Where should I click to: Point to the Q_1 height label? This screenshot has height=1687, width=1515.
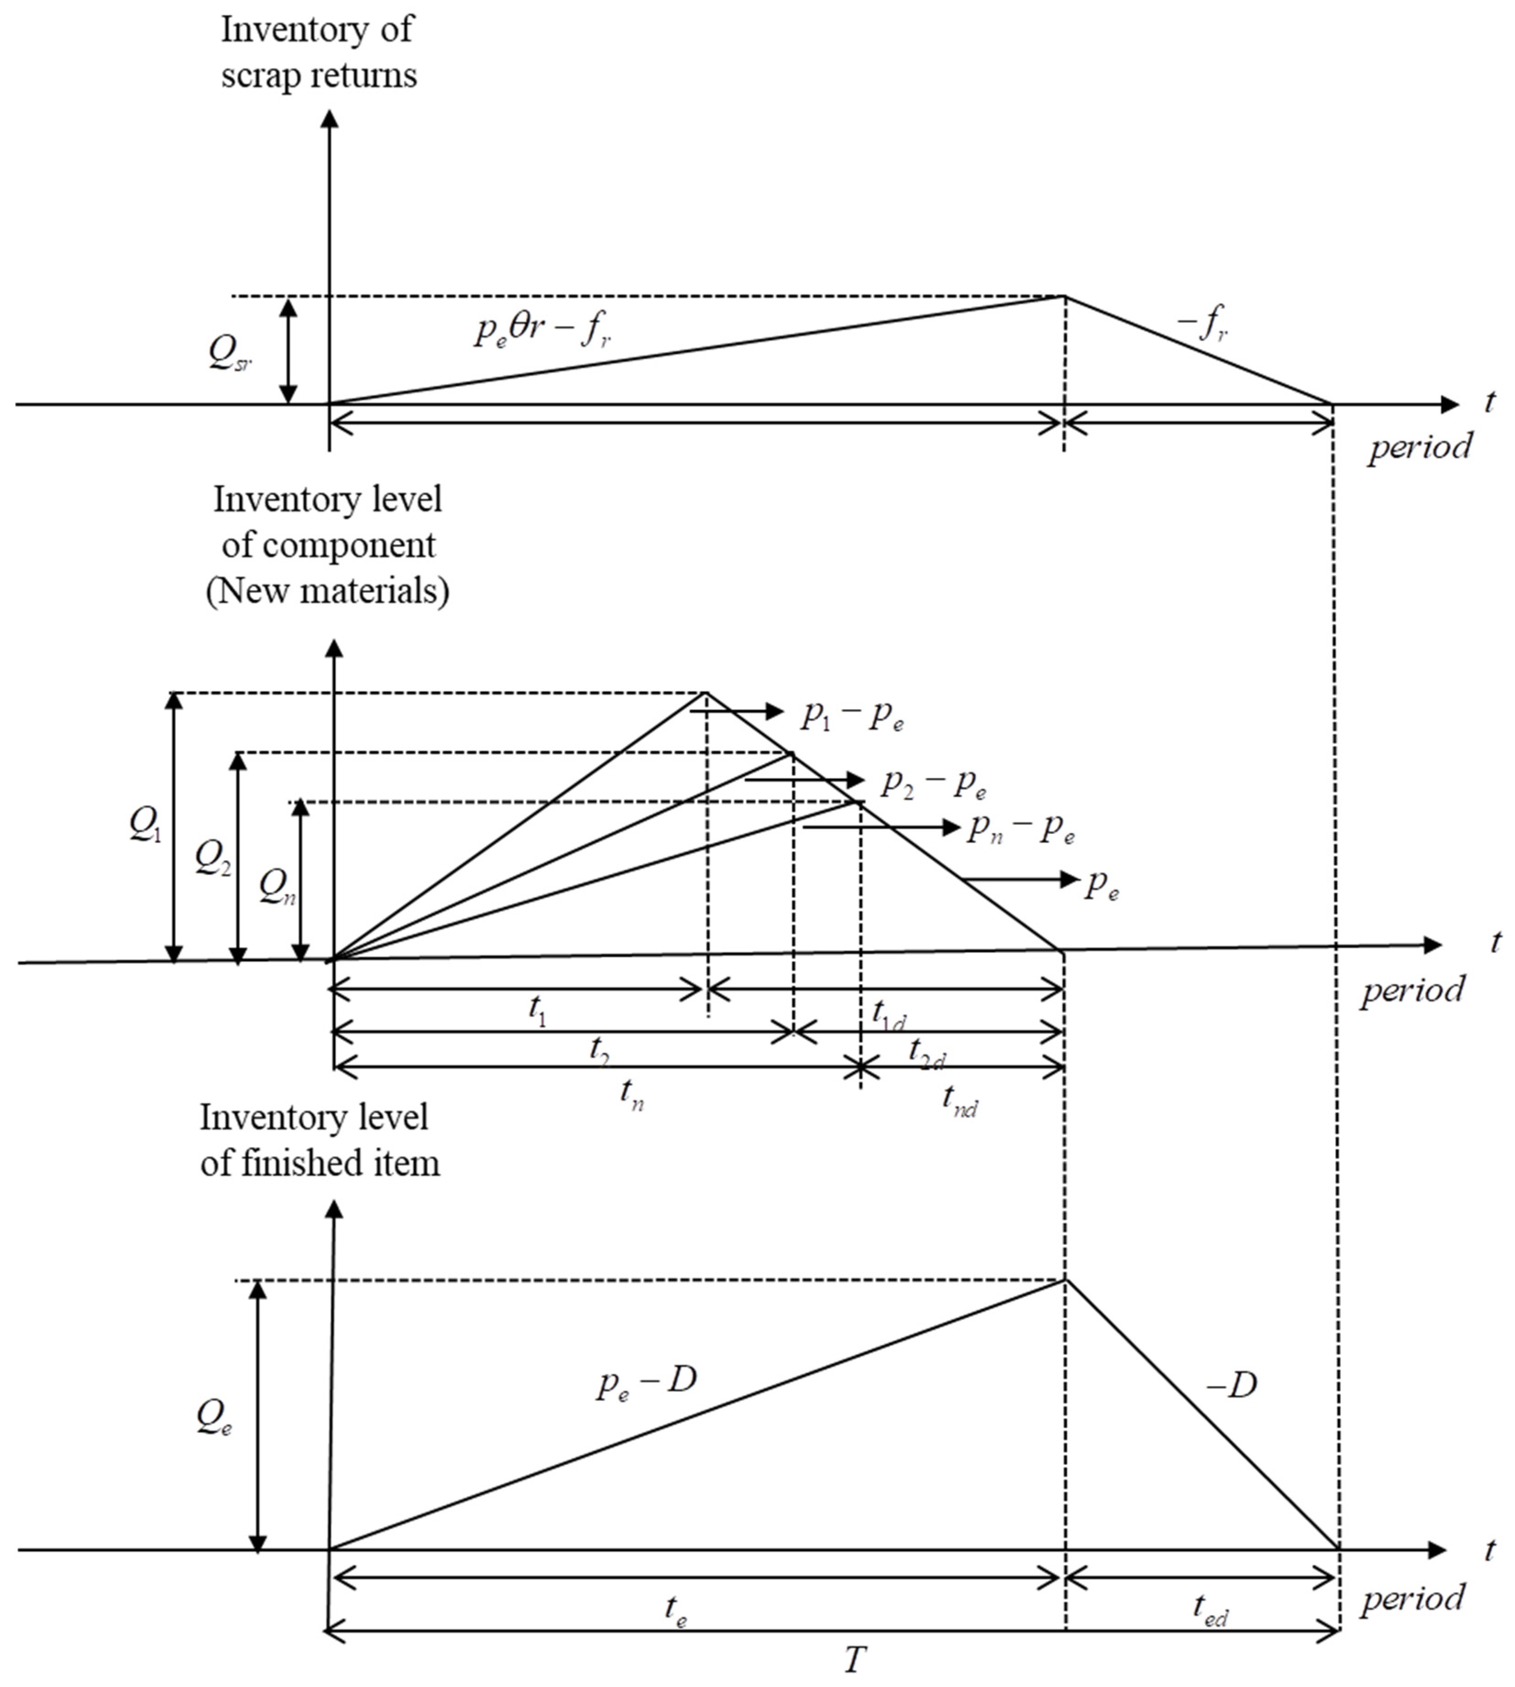coord(146,825)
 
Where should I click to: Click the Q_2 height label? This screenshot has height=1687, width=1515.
coord(213,858)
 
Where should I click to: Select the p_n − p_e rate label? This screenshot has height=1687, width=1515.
coord(1020,830)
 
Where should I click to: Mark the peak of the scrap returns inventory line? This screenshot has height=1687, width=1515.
coord(1064,296)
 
